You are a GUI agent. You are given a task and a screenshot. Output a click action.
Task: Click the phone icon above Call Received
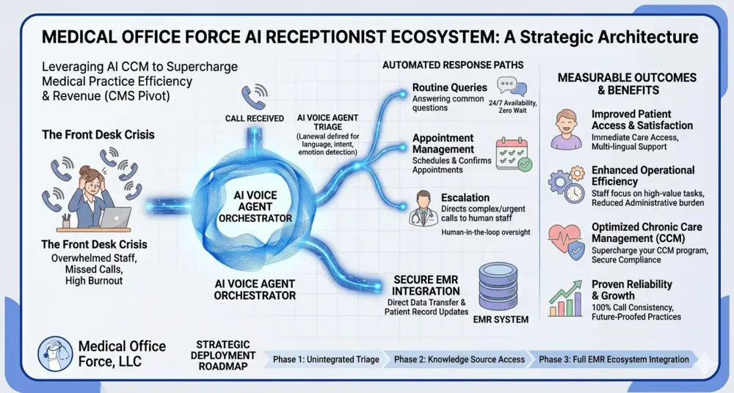click(x=255, y=97)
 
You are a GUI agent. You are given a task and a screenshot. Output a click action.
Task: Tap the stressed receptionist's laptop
click(x=115, y=218)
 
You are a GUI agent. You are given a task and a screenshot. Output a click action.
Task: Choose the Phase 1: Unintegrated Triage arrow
click(x=325, y=359)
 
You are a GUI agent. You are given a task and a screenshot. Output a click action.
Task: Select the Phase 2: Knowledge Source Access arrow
click(x=459, y=359)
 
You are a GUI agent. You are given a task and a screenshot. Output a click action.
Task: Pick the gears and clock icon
click(x=566, y=185)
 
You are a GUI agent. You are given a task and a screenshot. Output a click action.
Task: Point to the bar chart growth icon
click(x=566, y=298)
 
